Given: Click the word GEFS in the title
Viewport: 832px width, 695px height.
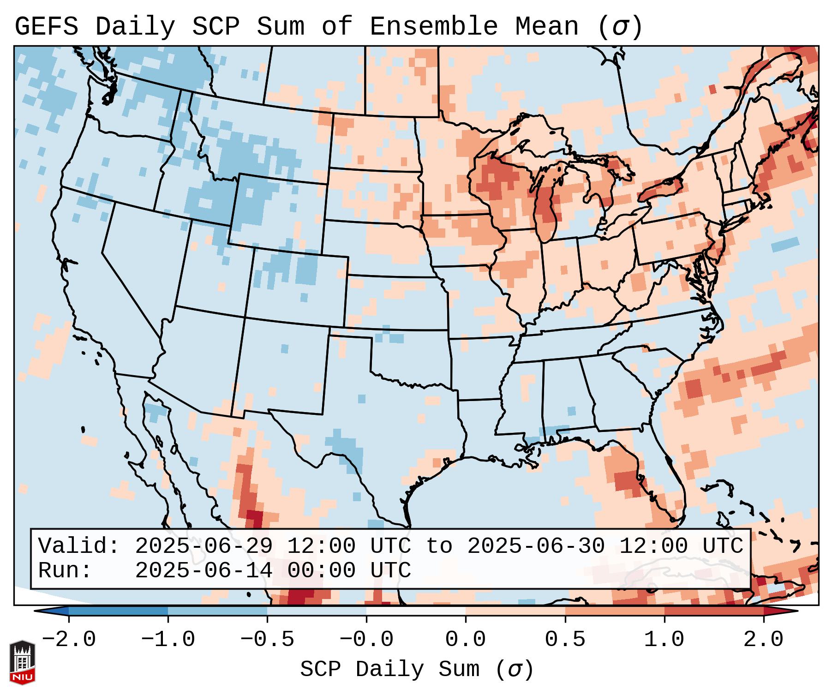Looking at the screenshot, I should click(46, 27).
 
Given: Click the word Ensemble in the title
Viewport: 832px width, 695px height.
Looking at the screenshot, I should click(433, 27).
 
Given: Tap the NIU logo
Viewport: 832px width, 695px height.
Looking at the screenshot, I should click(22, 663).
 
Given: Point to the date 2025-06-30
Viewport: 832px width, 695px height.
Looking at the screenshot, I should click(535, 546).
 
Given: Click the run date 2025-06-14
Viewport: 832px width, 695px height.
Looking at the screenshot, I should click(204, 570).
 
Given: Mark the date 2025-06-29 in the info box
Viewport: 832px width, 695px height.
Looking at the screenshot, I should click(204, 546).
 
